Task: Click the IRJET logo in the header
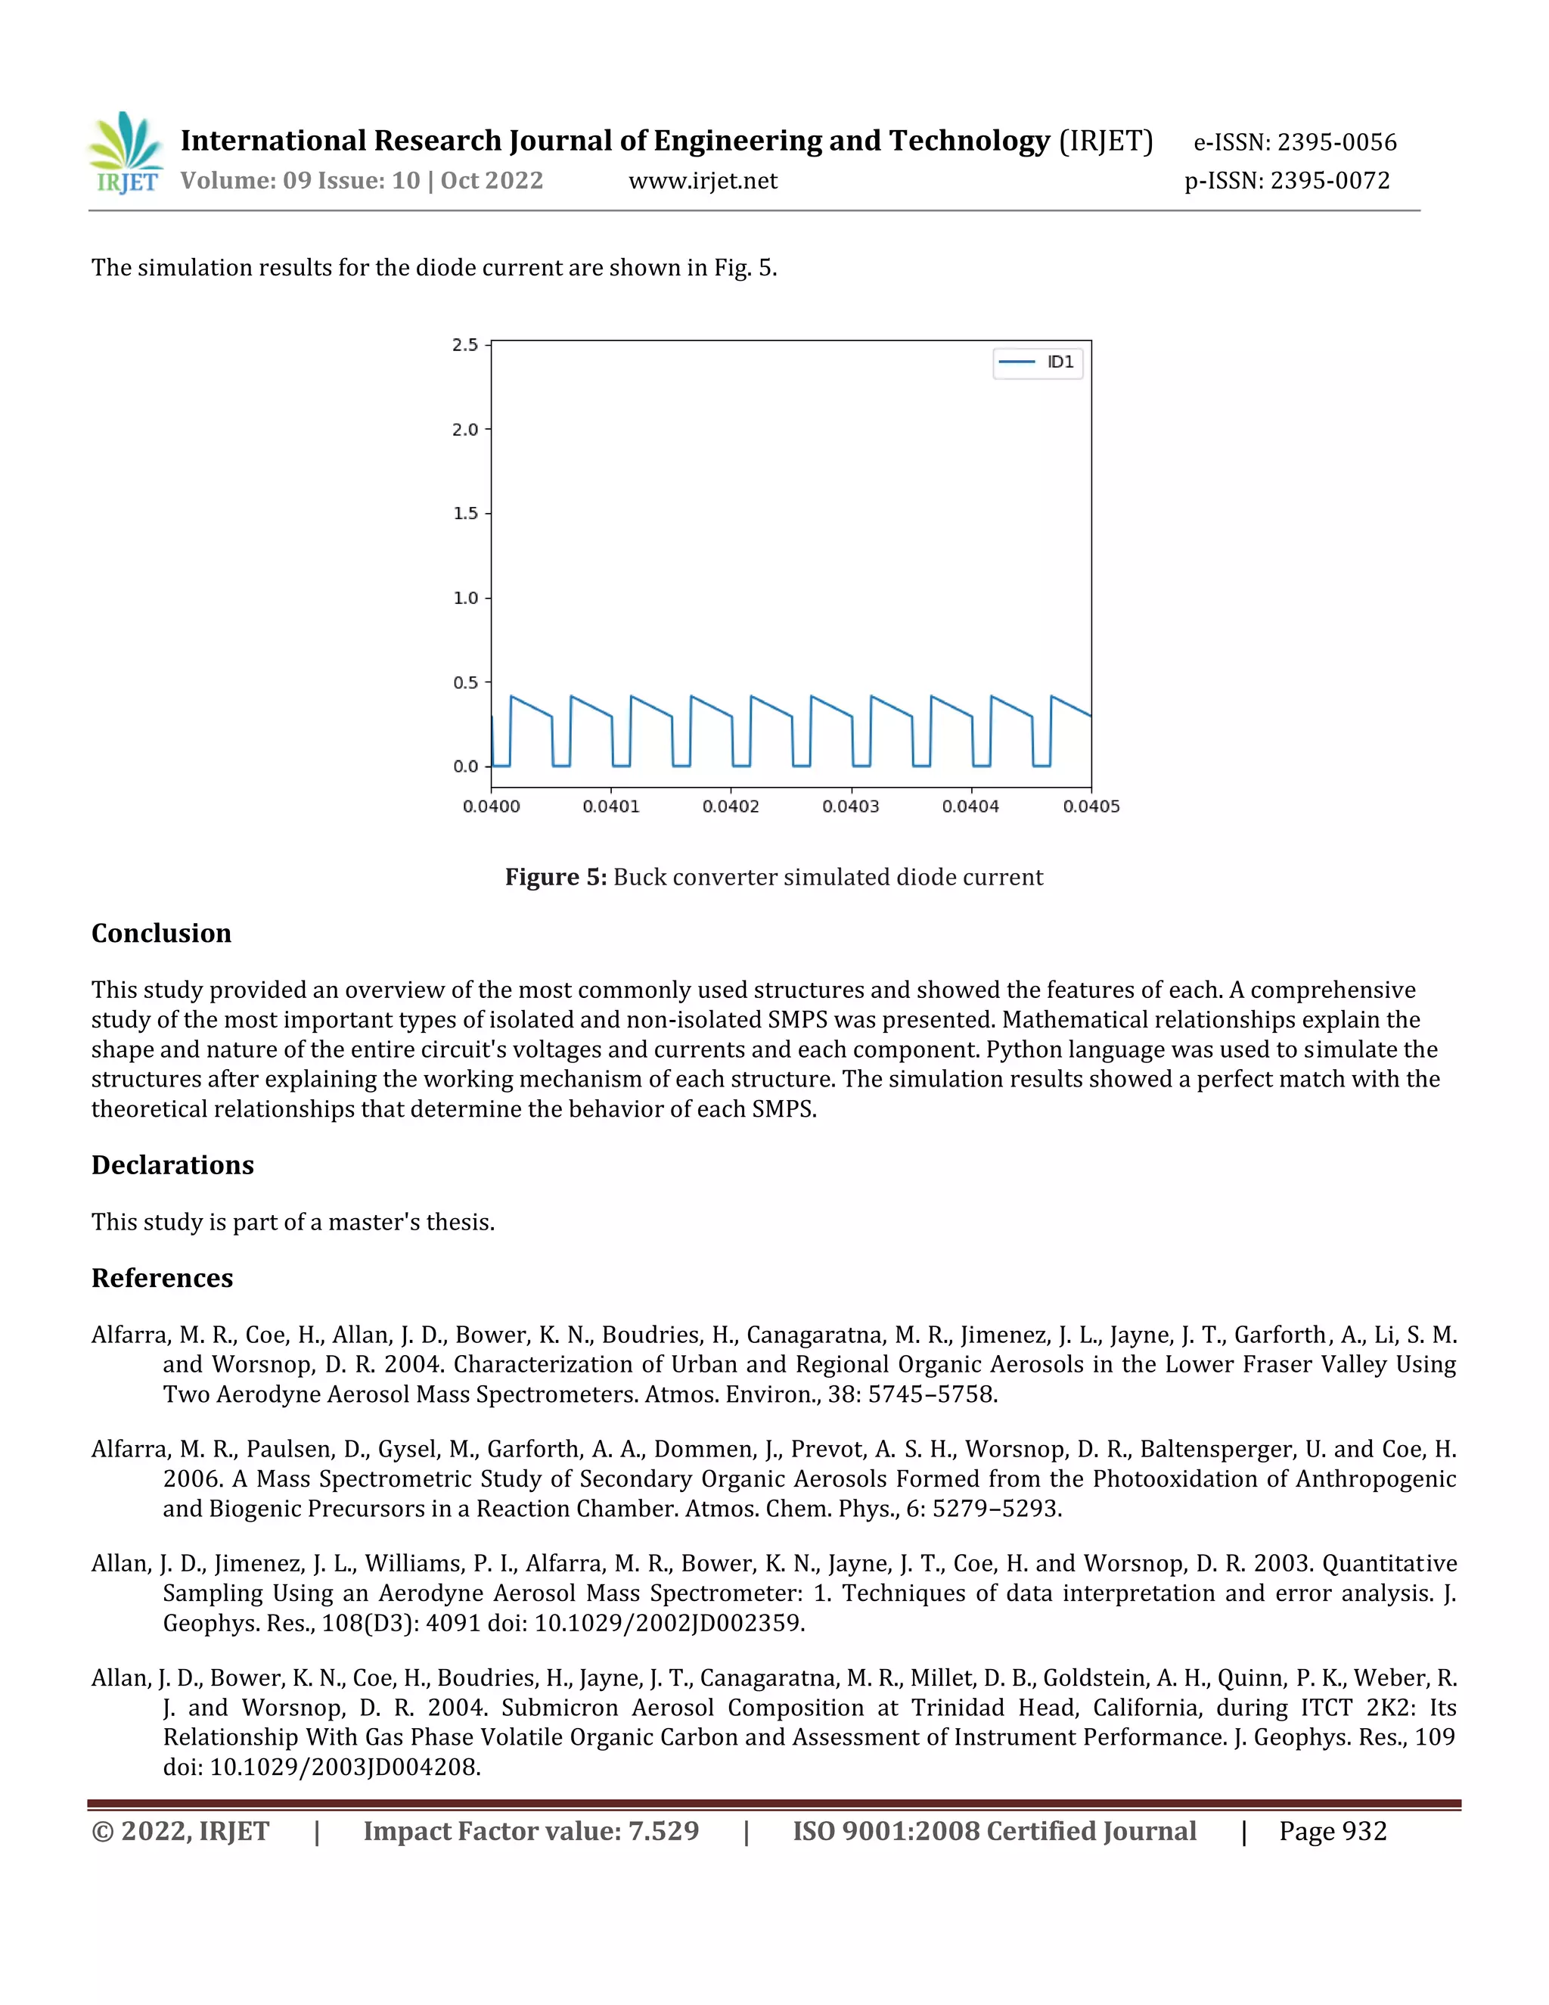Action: click(x=126, y=154)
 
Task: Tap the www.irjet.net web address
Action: click(x=702, y=181)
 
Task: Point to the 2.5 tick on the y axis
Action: click(x=465, y=345)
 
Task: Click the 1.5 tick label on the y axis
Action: click(x=465, y=513)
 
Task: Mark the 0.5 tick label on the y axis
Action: click(x=465, y=682)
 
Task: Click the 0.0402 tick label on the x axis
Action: click(x=731, y=806)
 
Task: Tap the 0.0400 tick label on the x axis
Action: click(x=491, y=806)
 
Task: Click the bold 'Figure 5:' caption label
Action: click(x=555, y=877)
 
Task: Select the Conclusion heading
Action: click(x=162, y=933)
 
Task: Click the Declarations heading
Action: click(x=172, y=1165)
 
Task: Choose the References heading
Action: click(x=163, y=1278)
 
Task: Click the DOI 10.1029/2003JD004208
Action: click(x=345, y=1767)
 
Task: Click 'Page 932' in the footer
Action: click(x=1333, y=1832)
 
